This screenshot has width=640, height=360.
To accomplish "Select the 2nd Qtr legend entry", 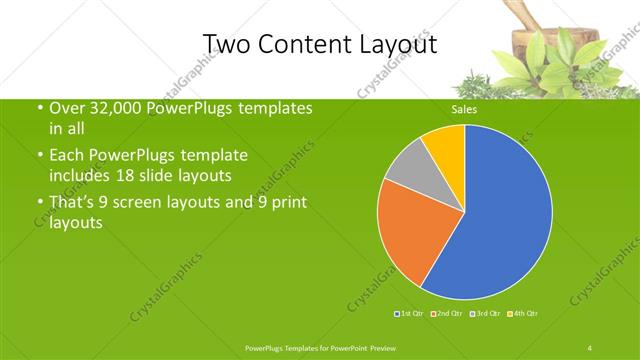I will click(446, 314).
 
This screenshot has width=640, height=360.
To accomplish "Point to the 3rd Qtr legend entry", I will click(486, 314).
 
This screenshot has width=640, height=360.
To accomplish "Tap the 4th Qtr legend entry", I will click(523, 314).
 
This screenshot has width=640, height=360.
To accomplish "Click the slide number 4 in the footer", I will click(590, 347).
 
